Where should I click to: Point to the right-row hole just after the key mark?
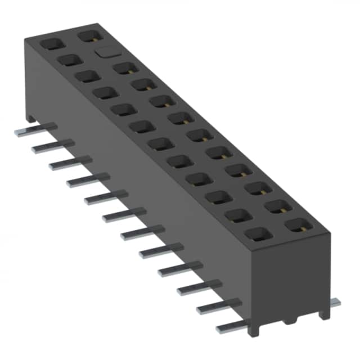point(124,69)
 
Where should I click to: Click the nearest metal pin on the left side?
point(233,327)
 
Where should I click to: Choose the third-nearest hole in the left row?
point(215,197)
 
